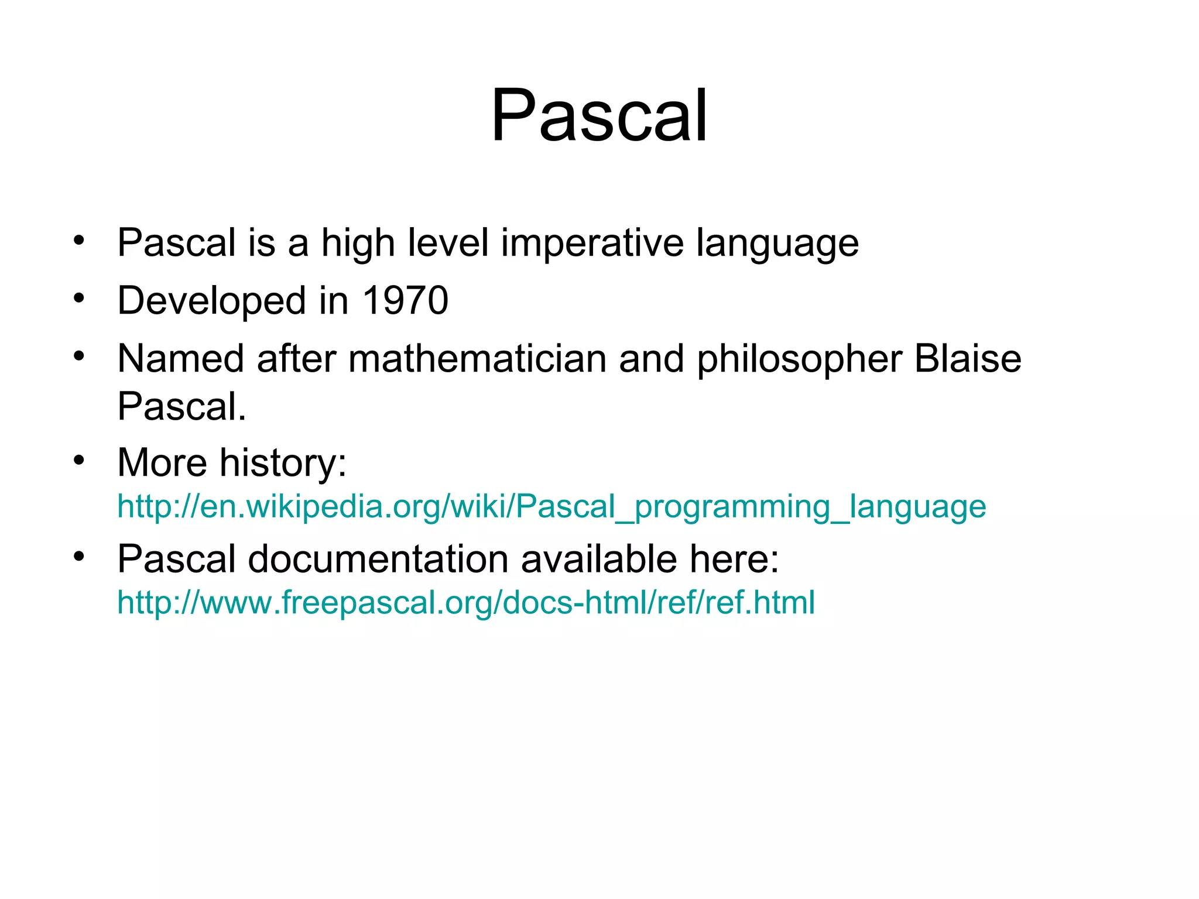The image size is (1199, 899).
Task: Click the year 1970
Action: [x=405, y=301]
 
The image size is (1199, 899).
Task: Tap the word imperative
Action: [x=592, y=243]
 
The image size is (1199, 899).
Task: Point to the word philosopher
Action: [x=799, y=359]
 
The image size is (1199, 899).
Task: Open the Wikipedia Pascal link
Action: [x=551, y=506]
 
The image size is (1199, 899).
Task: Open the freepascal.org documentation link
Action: [x=465, y=602]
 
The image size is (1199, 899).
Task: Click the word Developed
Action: [x=211, y=301]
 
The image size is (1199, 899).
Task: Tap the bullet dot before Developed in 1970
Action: [x=79, y=298]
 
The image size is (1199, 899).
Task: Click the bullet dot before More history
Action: [x=79, y=460]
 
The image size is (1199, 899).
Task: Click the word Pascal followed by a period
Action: [x=181, y=406]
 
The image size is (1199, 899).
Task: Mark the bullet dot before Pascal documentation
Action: [x=79, y=556]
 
